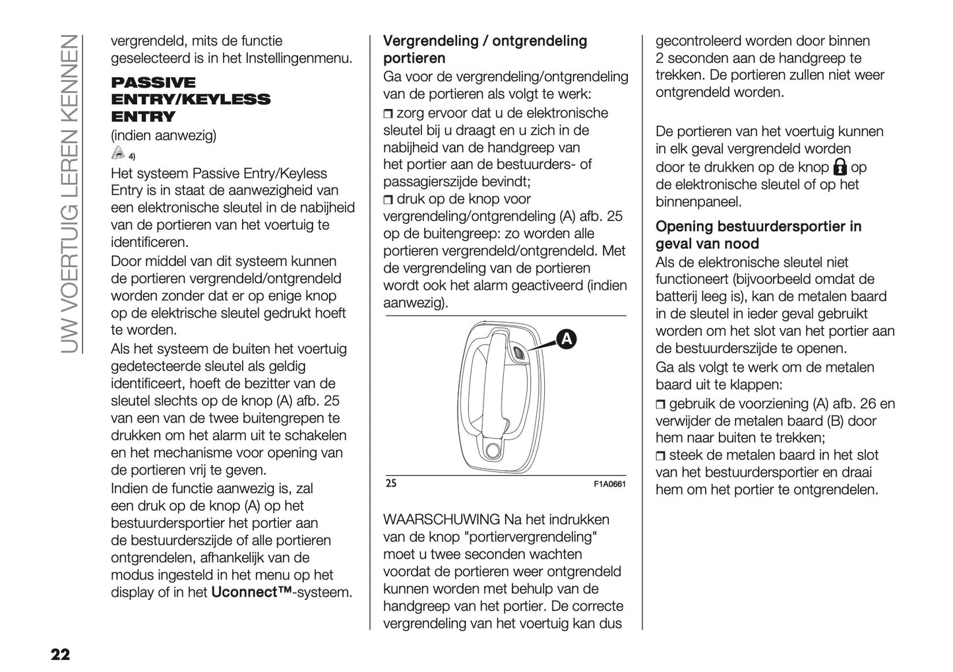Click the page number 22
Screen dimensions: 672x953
click(59, 655)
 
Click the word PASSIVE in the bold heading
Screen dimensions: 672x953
click(153, 83)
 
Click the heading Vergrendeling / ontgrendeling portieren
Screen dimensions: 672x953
click(485, 50)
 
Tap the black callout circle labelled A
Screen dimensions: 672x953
click(565, 339)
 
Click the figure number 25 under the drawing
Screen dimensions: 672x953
click(390, 483)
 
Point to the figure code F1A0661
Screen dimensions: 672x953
click(609, 484)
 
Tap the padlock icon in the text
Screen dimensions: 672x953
click(840, 166)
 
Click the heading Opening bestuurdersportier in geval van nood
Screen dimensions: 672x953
click(758, 235)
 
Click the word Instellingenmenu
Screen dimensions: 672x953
click(298, 58)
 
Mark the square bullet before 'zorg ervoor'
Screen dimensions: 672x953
click(388, 114)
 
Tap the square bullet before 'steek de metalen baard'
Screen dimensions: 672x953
click(661, 455)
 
